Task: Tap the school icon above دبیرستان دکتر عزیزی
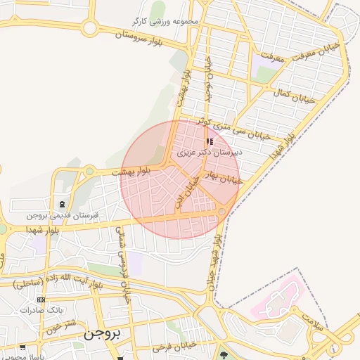210,141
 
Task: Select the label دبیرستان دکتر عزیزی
209,151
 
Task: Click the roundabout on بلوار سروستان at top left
89,28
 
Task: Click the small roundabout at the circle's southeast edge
222,211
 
